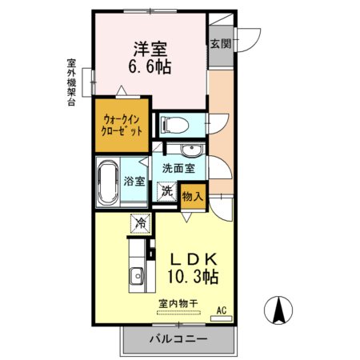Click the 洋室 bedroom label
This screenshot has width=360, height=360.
pyautogui.click(x=150, y=49)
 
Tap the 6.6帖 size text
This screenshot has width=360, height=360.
pyautogui.click(x=150, y=66)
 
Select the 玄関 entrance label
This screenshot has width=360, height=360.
pyautogui.click(x=221, y=44)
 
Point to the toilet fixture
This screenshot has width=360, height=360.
pyautogui.click(x=174, y=125)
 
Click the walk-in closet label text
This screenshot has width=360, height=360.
pyautogui.click(x=122, y=126)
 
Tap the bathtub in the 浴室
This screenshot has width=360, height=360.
pyautogui.click(x=108, y=182)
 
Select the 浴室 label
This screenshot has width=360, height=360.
pyautogui.click(x=134, y=182)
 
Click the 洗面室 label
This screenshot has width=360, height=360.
pyautogui.click(x=178, y=168)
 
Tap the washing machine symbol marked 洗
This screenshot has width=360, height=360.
pyautogui.click(x=167, y=191)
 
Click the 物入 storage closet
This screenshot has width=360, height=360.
pyautogui.click(x=193, y=197)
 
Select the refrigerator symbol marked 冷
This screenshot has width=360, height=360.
pyautogui.click(x=141, y=223)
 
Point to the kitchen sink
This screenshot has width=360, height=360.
pyautogui.click(x=137, y=276)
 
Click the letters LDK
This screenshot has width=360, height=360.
pyautogui.click(x=193, y=259)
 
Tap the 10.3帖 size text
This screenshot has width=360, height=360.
pyautogui.click(x=193, y=277)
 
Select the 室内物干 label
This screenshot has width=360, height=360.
pyautogui.click(x=178, y=303)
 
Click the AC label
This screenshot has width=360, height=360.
pyautogui.click(x=222, y=310)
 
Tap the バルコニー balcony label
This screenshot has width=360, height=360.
pyautogui.click(x=178, y=339)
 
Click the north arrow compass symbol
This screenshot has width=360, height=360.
pyautogui.click(x=278, y=310)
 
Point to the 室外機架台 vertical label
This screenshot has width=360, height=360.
pyautogui.click(x=71, y=82)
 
